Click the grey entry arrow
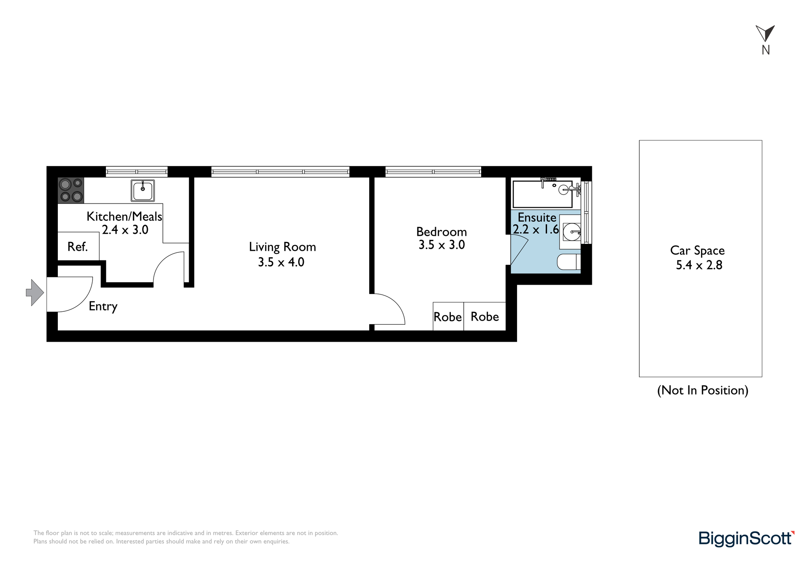[x=35, y=292]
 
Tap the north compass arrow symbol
[x=765, y=34]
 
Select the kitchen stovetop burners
[x=71, y=190]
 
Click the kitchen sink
[x=143, y=191]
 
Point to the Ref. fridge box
[x=78, y=246]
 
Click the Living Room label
[x=282, y=247]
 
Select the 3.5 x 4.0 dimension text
[x=281, y=262]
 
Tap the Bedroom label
[x=442, y=232]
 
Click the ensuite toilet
[x=569, y=262]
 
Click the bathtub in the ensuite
[x=543, y=194]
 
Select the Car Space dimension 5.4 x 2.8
[x=699, y=265]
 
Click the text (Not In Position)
[x=703, y=390]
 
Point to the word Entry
[x=103, y=306]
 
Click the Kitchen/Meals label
[x=124, y=216]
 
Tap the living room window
[x=280, y=172]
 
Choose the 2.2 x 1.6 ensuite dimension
[x=536, y=230]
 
